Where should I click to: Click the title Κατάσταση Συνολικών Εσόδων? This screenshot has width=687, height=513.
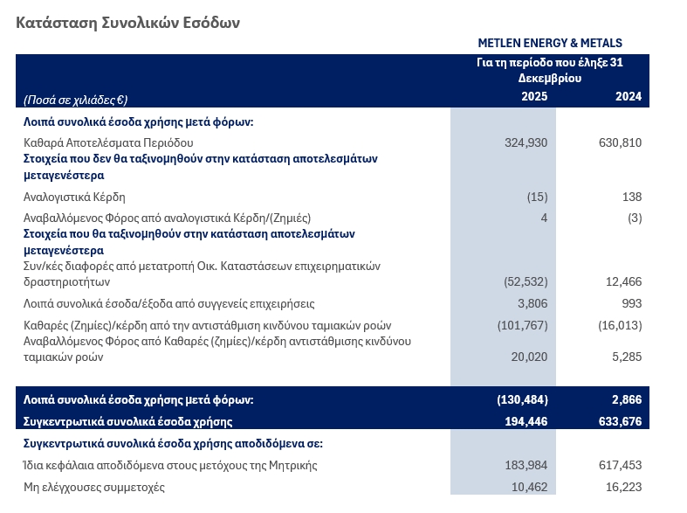127,23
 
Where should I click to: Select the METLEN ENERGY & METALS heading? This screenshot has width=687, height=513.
550,43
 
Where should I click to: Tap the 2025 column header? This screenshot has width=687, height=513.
534,96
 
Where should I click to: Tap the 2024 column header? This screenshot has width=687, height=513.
628,96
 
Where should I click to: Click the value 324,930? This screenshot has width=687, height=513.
526,142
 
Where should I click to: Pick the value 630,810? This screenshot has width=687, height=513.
620,142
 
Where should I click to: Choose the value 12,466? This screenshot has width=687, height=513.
623,281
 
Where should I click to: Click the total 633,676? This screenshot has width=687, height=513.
620,421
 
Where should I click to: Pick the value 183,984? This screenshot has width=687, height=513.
526,465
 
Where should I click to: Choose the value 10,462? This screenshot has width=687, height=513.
530,487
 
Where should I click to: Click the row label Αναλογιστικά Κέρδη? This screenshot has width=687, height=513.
74,197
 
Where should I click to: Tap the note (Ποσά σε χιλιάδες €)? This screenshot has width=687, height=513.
75,100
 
